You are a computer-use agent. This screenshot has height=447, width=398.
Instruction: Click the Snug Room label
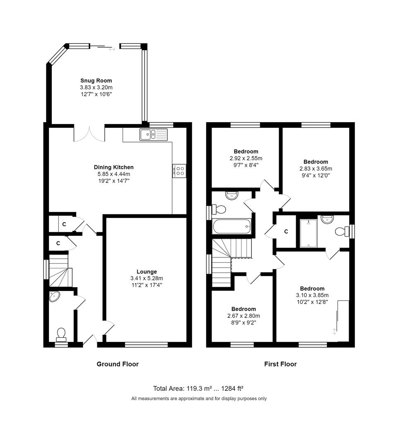pyautogui.click(x=96, y=81)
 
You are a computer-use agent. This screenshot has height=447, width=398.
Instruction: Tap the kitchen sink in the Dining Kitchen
pyautogui.click(x=154, y=135)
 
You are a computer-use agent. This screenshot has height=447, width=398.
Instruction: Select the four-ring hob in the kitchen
pyautogui.click(x=179, y=171)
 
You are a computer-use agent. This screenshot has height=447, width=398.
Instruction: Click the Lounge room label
pyautogui.click(x=147, y=272)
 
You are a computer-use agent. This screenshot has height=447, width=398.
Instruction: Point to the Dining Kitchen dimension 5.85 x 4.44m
pyautogui.click(x=114, y=174)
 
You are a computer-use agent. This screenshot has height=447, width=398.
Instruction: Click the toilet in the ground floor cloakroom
pyautogui.click(x=61, y=334)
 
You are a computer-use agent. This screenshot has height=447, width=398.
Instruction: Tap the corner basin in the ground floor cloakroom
pyautogui.click(x=54, y=296)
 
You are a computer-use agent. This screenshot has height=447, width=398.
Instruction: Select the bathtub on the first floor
pyautogui.click(x=232, y=226)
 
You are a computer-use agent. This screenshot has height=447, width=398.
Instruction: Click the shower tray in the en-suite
pyautogui.click(x=309, y=233)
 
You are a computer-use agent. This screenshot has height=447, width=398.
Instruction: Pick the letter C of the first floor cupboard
pyautogui.click(x=286, y=231)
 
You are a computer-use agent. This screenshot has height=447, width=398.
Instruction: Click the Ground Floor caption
pyautogui.click(x=118, y=364)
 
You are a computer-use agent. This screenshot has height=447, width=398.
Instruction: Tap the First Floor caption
pyautogui.click(x=280, y=364)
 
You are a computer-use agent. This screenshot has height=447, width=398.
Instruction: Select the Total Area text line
pyautogui.click(x=198, y=388)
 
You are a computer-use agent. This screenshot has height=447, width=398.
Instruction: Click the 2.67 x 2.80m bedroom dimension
pyautogui.click(x=244, y=316)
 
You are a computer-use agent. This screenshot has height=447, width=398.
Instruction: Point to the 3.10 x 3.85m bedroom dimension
pyautogui.click(x=312, y=296)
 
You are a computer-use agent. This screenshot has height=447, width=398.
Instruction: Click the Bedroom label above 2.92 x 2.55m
pyautogui.click(x=246, y=151)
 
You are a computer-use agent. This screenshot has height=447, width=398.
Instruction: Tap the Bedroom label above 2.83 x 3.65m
pyautogui.click(x=316, y=162)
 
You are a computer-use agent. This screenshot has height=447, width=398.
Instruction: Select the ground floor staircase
pyautogui.click(x=60, y=271)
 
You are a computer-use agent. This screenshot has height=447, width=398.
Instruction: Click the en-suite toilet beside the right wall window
pyautogui.click(x=341, y=231)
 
